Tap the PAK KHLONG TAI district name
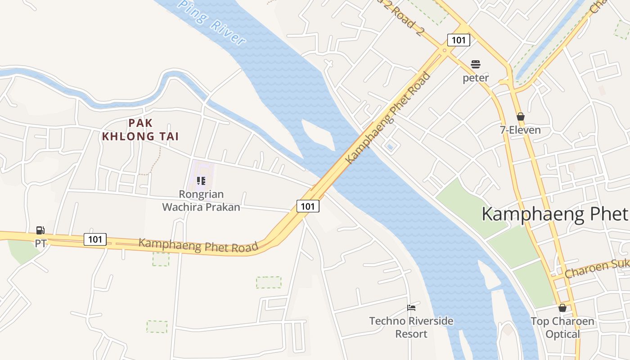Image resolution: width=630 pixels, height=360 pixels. coord(140,130)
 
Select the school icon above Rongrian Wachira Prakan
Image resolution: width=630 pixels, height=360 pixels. coord(201,181)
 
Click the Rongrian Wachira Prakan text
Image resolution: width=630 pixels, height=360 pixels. coord(201,201)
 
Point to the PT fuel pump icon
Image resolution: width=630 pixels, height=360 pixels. coord(40,230)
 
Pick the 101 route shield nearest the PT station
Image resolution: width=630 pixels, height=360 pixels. coord(95,239)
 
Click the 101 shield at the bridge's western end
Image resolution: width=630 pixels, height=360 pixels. coord(308,206)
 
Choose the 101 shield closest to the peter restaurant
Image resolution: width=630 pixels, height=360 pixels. coord(459,40)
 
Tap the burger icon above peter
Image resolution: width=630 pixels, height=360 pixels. coord(476,64)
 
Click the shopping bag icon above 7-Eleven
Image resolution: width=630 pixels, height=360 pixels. coord(521,117)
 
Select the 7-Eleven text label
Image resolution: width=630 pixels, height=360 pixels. coord(520,130)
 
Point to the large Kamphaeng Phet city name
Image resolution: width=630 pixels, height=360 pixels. coord(554,214)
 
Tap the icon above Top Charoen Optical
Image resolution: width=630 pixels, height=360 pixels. coord(562,308)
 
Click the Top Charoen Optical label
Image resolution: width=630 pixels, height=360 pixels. coord(562,328)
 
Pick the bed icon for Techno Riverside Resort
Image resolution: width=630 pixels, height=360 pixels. coord(411,308)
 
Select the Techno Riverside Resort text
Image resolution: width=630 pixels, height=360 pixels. coord(411,328)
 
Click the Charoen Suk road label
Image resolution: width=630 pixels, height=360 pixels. coord(597,269)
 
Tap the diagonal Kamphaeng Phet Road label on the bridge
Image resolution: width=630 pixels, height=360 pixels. coord(388,118)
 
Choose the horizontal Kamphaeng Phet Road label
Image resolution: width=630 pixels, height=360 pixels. coord(198,245)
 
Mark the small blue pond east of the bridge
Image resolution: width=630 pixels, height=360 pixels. coord(390,147)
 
